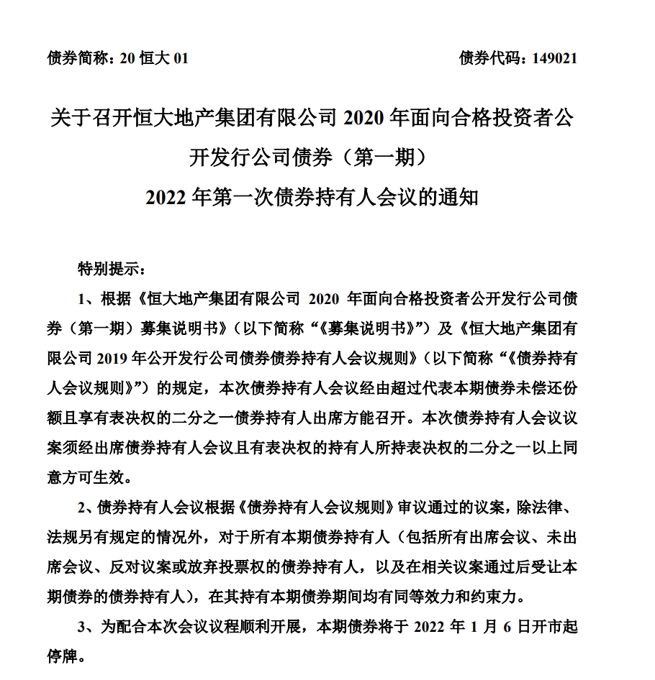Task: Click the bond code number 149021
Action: [x=554, y=58]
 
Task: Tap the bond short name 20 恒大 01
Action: [x=154, y=58]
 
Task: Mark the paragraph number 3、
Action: [x=87, y=626]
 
